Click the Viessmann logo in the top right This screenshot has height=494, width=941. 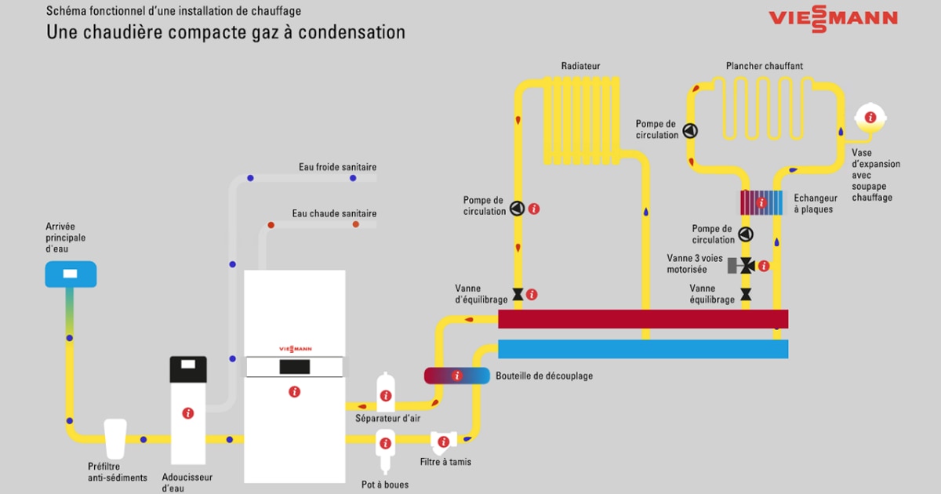tap(833, 19)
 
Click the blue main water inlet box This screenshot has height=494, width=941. tap(71, 274)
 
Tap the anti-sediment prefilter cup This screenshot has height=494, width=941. tap(114, 438)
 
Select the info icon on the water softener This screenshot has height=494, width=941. tap(188, 413)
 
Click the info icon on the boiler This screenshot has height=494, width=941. tap(294, 391)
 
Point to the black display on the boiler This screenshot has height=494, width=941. tap(293, 366)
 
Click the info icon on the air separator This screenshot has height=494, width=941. tap(385, 394)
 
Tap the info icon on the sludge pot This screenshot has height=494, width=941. tap(385, 444)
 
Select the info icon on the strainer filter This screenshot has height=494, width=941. tap(444, 441)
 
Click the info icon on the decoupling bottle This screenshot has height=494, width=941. tap(457, 376)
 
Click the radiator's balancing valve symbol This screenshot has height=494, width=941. tap(518, 295)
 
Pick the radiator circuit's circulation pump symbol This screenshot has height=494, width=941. tap(518, 209)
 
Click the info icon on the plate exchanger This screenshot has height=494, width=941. tap(761, 203)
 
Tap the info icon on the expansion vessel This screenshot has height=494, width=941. tap(870, 118)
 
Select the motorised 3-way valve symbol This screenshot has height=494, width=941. tap(746, 266)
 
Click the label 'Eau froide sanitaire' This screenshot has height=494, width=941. tap(337, 167)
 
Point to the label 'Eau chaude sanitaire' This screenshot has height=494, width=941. tap(334, 213)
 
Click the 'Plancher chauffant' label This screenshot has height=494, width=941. tap(764, 67)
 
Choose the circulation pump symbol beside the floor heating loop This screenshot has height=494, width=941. tap(690, 130)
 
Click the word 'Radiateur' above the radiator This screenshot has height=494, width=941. tap(580, 67)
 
